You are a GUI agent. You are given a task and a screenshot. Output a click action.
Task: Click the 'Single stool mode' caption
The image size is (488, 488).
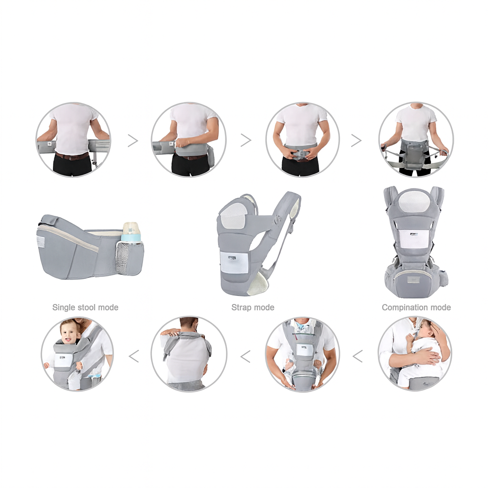[x=85, y=307]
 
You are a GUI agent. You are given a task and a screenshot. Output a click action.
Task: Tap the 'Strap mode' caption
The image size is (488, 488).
[x=253, y=307]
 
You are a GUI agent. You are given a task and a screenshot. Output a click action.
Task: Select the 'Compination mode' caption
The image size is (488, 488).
[x=416, y=307]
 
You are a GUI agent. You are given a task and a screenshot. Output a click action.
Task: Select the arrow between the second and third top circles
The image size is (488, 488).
[x=245, y=140]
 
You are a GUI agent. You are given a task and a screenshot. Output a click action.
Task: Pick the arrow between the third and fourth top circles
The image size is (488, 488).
[x=356, y=140]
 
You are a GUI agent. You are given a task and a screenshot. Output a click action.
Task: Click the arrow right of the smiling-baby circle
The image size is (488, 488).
[x=134, y=356]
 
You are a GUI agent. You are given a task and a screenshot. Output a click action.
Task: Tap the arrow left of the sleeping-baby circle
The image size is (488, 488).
[x=357, y=356]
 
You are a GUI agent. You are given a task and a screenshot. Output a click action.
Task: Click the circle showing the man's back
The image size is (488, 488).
[x=189, y=354]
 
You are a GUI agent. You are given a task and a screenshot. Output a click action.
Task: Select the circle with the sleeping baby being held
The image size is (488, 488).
[x=415, y=354]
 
